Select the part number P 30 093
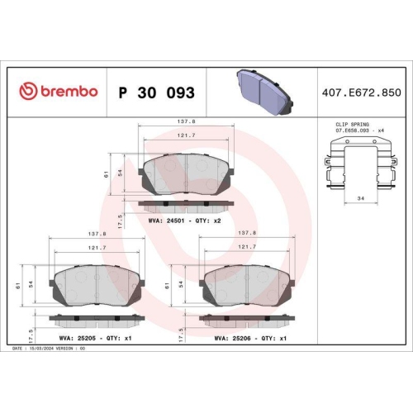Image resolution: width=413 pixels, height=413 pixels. tap(156, 91)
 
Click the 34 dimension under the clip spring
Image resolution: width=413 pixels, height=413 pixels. tap(358, 199)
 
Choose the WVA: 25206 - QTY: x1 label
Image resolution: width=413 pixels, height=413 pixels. tap(249, 337)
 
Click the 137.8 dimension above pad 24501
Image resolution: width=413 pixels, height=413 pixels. tap(187, 121)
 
